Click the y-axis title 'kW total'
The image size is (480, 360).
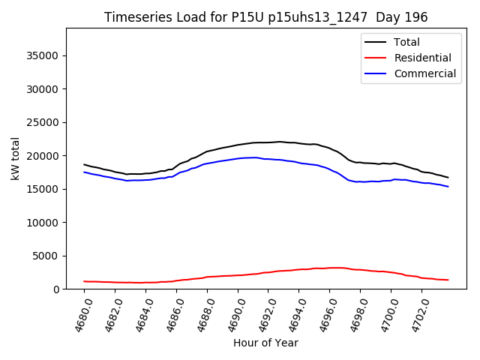[x=16, y=158]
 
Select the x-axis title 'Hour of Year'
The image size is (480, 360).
[x=265, y=343]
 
